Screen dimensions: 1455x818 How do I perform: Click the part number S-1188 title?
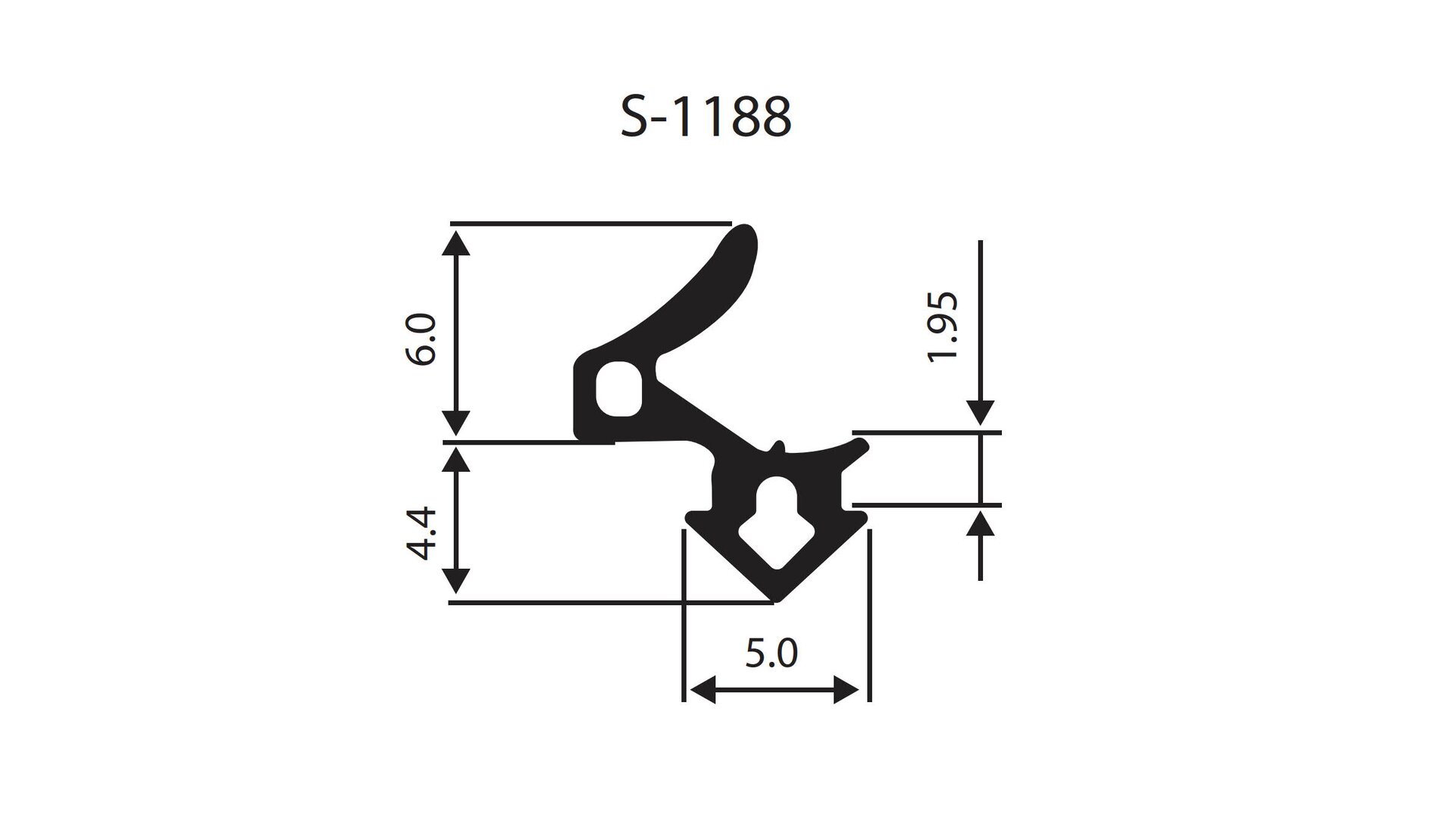pyautogui.click(x=706, y=117)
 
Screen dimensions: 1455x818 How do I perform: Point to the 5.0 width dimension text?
pyautogui.click(x=771, y=654)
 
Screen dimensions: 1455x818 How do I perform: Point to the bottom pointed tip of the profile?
pyautogui.click(x=774, y=601)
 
